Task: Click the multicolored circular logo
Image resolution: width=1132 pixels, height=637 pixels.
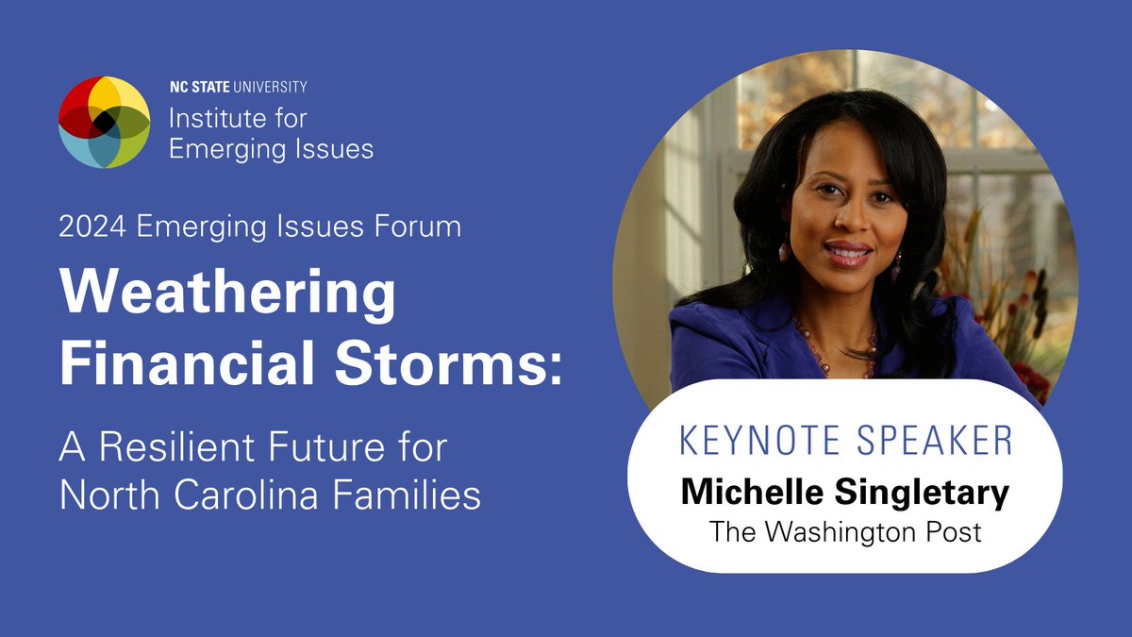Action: tap(104, 123)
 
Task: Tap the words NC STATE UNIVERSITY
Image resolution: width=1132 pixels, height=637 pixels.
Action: tap(238, 87)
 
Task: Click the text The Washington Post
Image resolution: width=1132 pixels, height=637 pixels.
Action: tap(845, 531)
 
